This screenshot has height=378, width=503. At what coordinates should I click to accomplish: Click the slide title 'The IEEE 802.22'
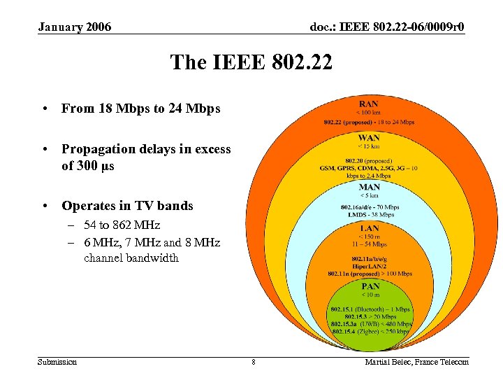coord(251,63)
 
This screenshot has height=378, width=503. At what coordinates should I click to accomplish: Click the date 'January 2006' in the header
coord(75,27)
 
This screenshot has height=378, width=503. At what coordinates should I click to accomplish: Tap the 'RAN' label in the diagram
coord(369,104)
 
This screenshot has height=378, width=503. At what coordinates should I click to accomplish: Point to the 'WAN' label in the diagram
coord(369,138)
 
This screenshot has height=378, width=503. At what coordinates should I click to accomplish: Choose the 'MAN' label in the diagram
coord(370,187)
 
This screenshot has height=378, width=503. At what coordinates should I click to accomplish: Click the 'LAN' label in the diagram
coord(370,228)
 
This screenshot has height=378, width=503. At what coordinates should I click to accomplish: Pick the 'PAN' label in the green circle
coord(370,286)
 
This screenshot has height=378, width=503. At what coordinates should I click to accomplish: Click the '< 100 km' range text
coord(369,113)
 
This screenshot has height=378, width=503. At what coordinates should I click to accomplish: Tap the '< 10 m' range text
coord(370,295)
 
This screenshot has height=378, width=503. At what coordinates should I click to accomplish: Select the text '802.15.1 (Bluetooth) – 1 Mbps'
coord(370,309)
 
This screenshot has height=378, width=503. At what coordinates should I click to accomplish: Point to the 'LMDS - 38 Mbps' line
coord(370,215)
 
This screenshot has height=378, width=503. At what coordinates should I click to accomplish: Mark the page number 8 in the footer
coord(254,362)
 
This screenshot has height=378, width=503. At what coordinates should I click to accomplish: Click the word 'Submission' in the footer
coord(57,362)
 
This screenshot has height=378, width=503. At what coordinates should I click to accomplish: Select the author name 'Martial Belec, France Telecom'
coord(416,362)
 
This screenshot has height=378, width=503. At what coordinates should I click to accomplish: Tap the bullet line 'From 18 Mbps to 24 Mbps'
coord(140,108)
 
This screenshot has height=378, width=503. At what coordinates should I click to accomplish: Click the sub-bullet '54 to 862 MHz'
coord(122,225)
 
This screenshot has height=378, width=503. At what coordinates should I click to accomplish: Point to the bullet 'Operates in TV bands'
coord(127,206)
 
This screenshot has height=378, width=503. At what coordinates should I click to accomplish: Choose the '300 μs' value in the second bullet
coord(95,166)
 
